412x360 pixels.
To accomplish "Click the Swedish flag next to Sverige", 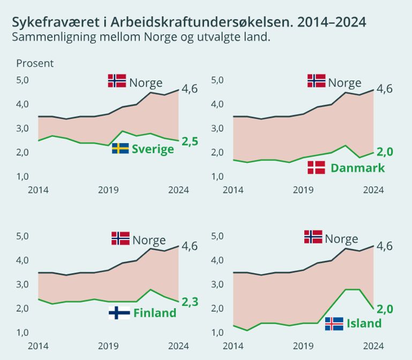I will pos(120,148).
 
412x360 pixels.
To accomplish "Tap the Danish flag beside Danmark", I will pos(316,168).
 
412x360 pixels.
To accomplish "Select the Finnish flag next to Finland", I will pos(119,313).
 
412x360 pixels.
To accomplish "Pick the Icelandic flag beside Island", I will pos(334,324).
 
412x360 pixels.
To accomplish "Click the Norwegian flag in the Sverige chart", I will pos(117,81).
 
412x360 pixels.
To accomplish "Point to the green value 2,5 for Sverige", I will pos(190,141).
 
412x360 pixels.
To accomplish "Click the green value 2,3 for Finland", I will pos(190,302).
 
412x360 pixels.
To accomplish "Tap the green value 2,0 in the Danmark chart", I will pos(385,152).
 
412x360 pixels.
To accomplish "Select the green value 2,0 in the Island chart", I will pos(385,309).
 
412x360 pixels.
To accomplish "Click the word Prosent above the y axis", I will pos(35,63).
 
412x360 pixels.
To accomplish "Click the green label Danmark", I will pos(357,168).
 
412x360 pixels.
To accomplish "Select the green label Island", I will pos(364,323).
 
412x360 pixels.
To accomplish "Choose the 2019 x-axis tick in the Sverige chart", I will pos(108,190).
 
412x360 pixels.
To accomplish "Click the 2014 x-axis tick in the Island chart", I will pos(233,346).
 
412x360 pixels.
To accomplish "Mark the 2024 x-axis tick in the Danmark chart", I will pos(373,190).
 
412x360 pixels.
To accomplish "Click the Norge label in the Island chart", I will pos(341,239).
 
